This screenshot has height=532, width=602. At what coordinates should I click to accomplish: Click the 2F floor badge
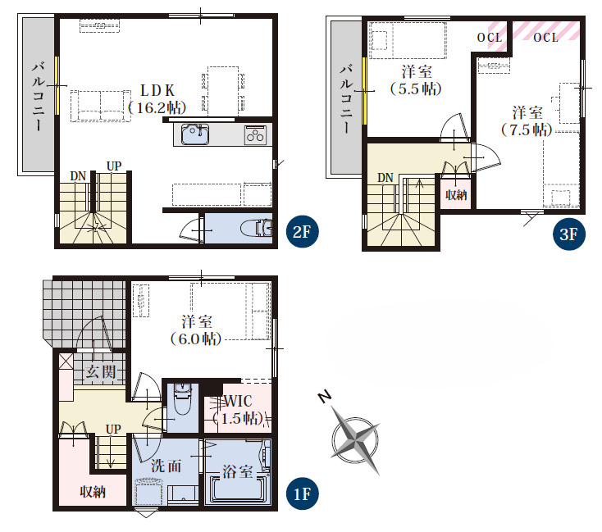point(303,231)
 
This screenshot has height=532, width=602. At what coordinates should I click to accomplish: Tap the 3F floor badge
point(569,234)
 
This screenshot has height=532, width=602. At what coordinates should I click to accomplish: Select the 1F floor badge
point(303,494)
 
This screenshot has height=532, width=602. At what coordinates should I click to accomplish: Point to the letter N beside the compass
point(325,397)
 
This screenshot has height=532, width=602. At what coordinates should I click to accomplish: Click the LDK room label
point(157,91)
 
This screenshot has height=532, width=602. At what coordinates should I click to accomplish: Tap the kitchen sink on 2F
point(195,134)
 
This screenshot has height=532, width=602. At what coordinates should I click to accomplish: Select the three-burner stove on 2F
point(255,134)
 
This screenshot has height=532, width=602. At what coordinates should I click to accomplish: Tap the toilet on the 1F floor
point(183,399)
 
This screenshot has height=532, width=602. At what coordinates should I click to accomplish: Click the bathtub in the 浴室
point(237,489)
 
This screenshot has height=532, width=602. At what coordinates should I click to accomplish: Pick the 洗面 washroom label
point(166,466)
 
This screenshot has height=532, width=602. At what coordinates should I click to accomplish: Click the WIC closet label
point(238,402)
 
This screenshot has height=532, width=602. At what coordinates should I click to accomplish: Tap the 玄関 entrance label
point(101,371)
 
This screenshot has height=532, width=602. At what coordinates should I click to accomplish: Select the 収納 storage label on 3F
point(456,194)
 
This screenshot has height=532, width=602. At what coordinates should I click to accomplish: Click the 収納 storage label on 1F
point(93,492)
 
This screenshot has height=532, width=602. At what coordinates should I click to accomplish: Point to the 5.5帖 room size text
point(416,89)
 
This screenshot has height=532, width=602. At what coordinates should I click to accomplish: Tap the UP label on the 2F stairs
point(114,166)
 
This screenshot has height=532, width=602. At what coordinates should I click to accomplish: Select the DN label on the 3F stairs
point(385,178)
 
